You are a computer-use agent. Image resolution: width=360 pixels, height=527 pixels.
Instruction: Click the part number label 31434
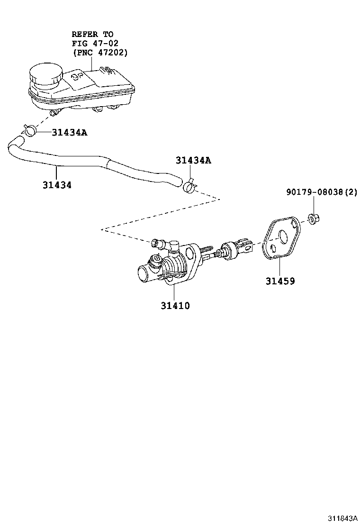tap(57, 185)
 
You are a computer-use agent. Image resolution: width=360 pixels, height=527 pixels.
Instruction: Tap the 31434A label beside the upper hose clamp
tap(69, 132)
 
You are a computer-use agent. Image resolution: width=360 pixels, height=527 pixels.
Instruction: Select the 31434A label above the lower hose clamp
tap(193, 161)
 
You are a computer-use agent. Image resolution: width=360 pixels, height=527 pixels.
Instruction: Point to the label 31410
tap(175, 306)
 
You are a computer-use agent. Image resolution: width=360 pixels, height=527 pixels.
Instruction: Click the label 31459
tap(280, 281)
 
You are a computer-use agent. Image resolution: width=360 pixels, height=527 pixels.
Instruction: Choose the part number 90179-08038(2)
tap(322, 192)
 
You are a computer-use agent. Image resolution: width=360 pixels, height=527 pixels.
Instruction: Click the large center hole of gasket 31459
tap(284, 236)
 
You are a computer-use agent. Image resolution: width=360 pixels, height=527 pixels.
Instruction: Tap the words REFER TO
tap(92, 34)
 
